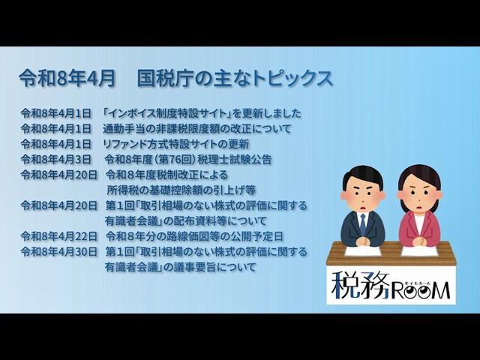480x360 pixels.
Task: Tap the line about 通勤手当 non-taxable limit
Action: click(196, 128)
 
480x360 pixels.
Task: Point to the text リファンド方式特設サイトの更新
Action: click(175, 144)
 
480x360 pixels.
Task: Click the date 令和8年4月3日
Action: click(56, 159)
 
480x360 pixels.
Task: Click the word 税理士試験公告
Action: click(235, 159)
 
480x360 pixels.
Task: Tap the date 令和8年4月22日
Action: click(59, 236)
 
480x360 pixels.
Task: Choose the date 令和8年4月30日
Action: click(59, 252)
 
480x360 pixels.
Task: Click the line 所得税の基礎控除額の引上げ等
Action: click(181, 190)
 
